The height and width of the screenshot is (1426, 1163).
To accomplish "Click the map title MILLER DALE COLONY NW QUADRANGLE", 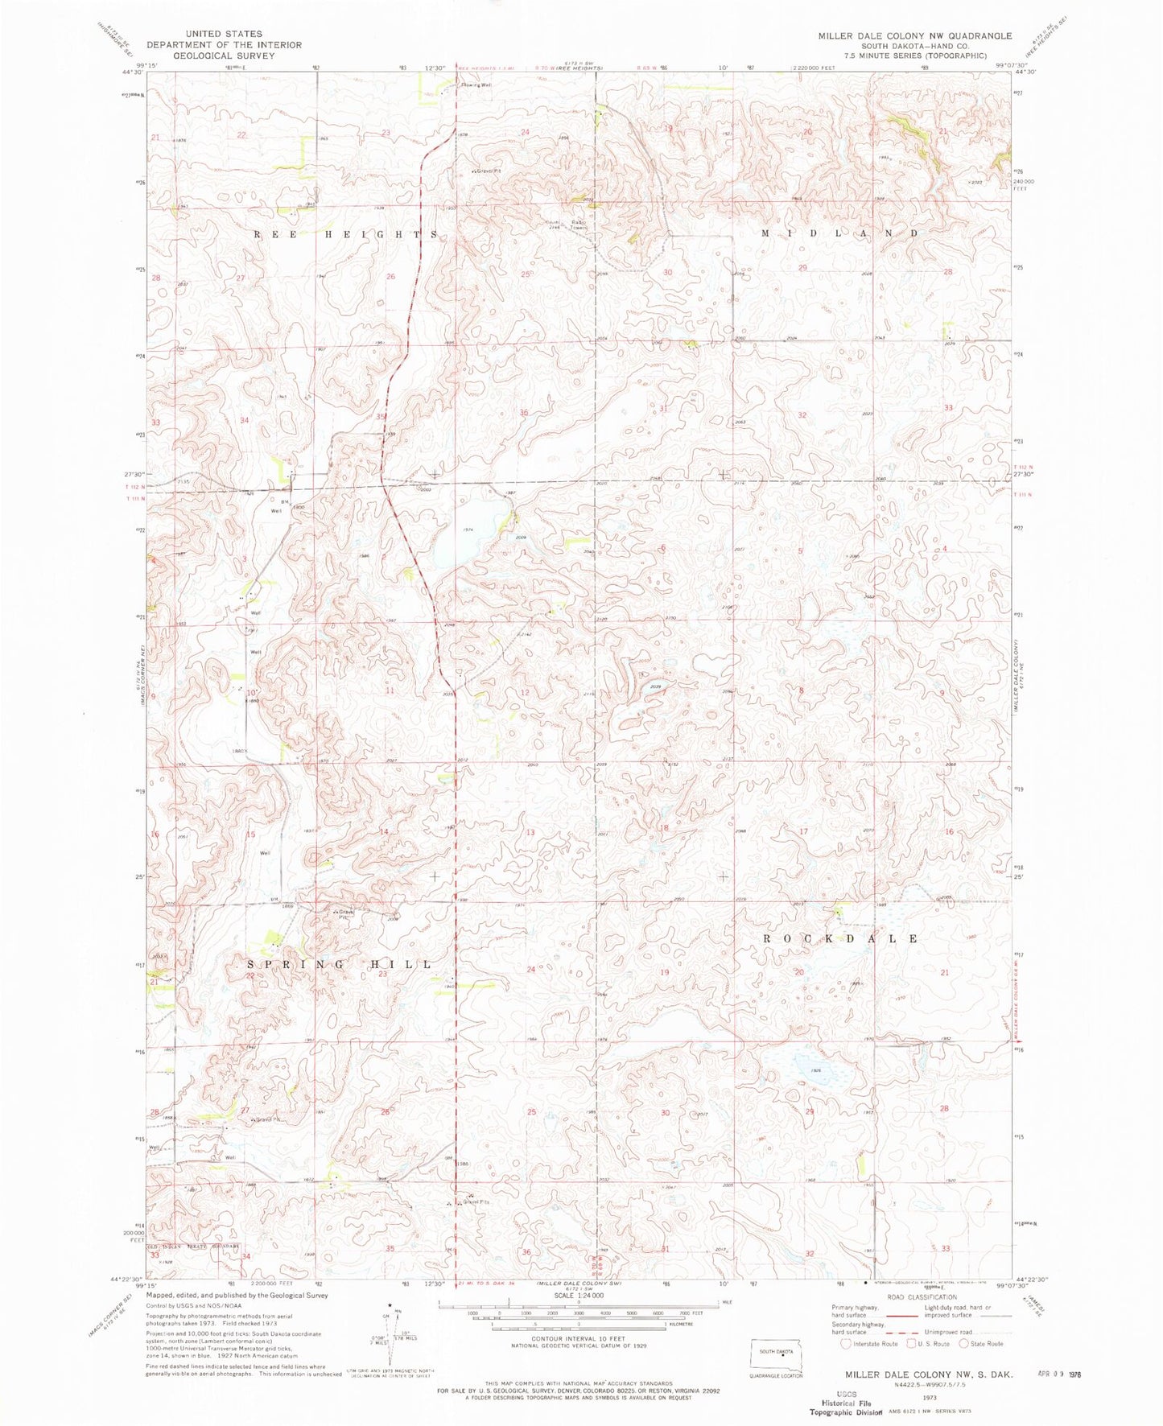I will coord(914,36).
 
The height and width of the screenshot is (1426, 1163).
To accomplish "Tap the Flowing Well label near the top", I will coord(475,84).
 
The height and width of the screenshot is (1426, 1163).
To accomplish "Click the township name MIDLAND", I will coord(839,233).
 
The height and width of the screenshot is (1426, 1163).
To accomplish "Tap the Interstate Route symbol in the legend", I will coord(846,1343).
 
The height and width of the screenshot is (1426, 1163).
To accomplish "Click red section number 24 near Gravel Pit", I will coord(526,132).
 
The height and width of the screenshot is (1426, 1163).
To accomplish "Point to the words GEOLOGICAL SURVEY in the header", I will coord(224,56).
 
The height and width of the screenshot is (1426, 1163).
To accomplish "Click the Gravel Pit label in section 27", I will coord(268,1119).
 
